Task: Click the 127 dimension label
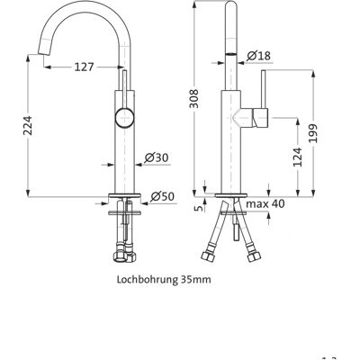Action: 84,67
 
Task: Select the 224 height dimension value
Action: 28,125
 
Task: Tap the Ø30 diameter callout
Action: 157,157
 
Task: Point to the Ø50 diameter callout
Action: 162,196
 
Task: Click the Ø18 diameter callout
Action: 258,56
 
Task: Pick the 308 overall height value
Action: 194,98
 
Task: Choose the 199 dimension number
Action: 314,133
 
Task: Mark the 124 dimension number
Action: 298,157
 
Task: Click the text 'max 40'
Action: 265,204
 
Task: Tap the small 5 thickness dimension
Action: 201,208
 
